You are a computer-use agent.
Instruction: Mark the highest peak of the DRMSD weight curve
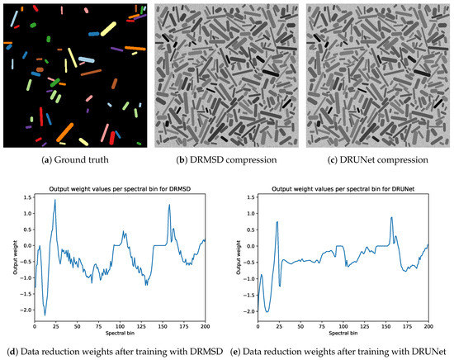pos(54,200)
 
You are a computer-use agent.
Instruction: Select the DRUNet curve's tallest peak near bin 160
pos(390,218)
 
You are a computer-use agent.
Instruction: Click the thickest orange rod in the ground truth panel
pos(66,130)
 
